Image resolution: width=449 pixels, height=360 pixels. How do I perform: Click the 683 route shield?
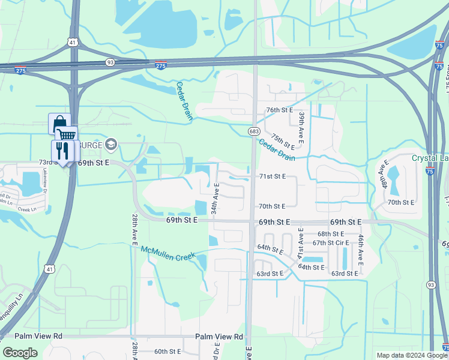[x=253, y=131]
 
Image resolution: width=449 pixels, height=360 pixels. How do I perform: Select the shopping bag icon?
[x=59, y=124]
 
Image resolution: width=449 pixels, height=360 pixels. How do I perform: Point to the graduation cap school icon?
[x=110, y=144]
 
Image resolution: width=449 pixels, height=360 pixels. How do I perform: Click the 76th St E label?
[x=279, y=110]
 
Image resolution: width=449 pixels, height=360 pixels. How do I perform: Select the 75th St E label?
[x=282, y=142]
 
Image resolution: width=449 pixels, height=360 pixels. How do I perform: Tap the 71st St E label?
[x=273, y=176]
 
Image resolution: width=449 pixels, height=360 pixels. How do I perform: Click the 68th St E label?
[x=331, y=234]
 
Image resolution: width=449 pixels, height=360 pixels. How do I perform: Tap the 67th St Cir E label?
[x=331, y=243]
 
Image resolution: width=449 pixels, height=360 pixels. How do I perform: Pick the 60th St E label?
[x=167, y=352]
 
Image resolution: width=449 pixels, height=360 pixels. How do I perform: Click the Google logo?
[x=20, y=353]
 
